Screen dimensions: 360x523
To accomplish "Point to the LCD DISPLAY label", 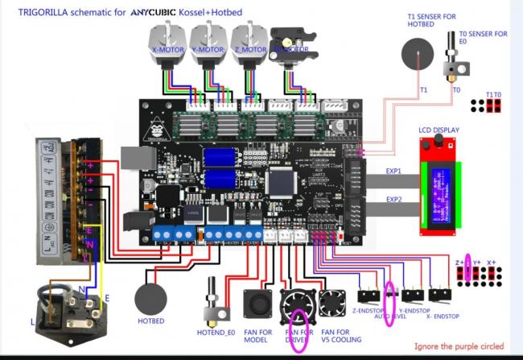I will pyautogui.click(x=439, y=130).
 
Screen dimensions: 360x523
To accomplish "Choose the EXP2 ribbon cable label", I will pyautogui.click(x=393, y=200).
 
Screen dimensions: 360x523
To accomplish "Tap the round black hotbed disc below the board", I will pyautogui.click(x=153, y=299).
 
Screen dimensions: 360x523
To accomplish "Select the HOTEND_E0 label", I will pyautogui.click(x=216, y=330).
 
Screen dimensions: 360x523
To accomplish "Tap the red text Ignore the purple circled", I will pyautogui.click(x=459, y=347).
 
